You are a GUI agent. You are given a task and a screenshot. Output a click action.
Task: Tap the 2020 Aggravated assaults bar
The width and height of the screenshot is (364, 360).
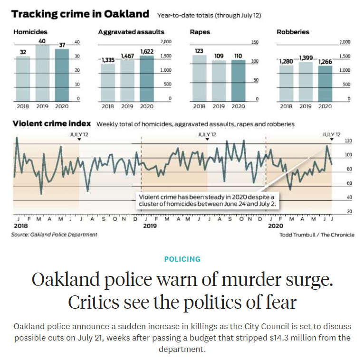[147, 78]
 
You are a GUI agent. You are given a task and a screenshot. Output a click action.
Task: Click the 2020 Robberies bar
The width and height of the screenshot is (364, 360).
[325, 83]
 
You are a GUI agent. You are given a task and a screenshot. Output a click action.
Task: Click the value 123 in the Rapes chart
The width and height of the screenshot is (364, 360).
[199, 50]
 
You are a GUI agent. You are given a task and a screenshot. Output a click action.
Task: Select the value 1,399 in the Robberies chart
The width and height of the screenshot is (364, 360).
[306, 58]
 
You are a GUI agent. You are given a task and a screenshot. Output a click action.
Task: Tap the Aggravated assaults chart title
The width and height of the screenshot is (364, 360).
[131, 32]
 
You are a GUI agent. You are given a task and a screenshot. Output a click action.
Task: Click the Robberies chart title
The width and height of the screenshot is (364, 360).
[293, 32]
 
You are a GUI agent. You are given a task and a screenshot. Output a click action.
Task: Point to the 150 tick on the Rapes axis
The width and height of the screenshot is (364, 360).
[255, 43]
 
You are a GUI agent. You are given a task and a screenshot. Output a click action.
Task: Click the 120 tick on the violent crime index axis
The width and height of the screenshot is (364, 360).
[348, 141]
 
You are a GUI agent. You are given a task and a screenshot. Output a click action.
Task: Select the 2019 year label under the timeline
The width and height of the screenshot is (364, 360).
[150, 226]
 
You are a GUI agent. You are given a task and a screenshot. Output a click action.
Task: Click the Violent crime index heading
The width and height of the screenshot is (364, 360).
[51, 123]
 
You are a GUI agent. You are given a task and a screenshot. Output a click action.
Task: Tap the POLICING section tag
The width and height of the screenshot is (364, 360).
[182, 259]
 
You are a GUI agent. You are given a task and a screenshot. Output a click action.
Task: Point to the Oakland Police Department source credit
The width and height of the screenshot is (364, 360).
[55, 235]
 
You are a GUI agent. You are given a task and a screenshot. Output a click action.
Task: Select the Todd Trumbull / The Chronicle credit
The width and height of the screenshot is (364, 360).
[316, 235]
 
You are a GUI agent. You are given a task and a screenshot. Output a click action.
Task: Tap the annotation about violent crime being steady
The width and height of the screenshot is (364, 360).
[207, 200]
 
